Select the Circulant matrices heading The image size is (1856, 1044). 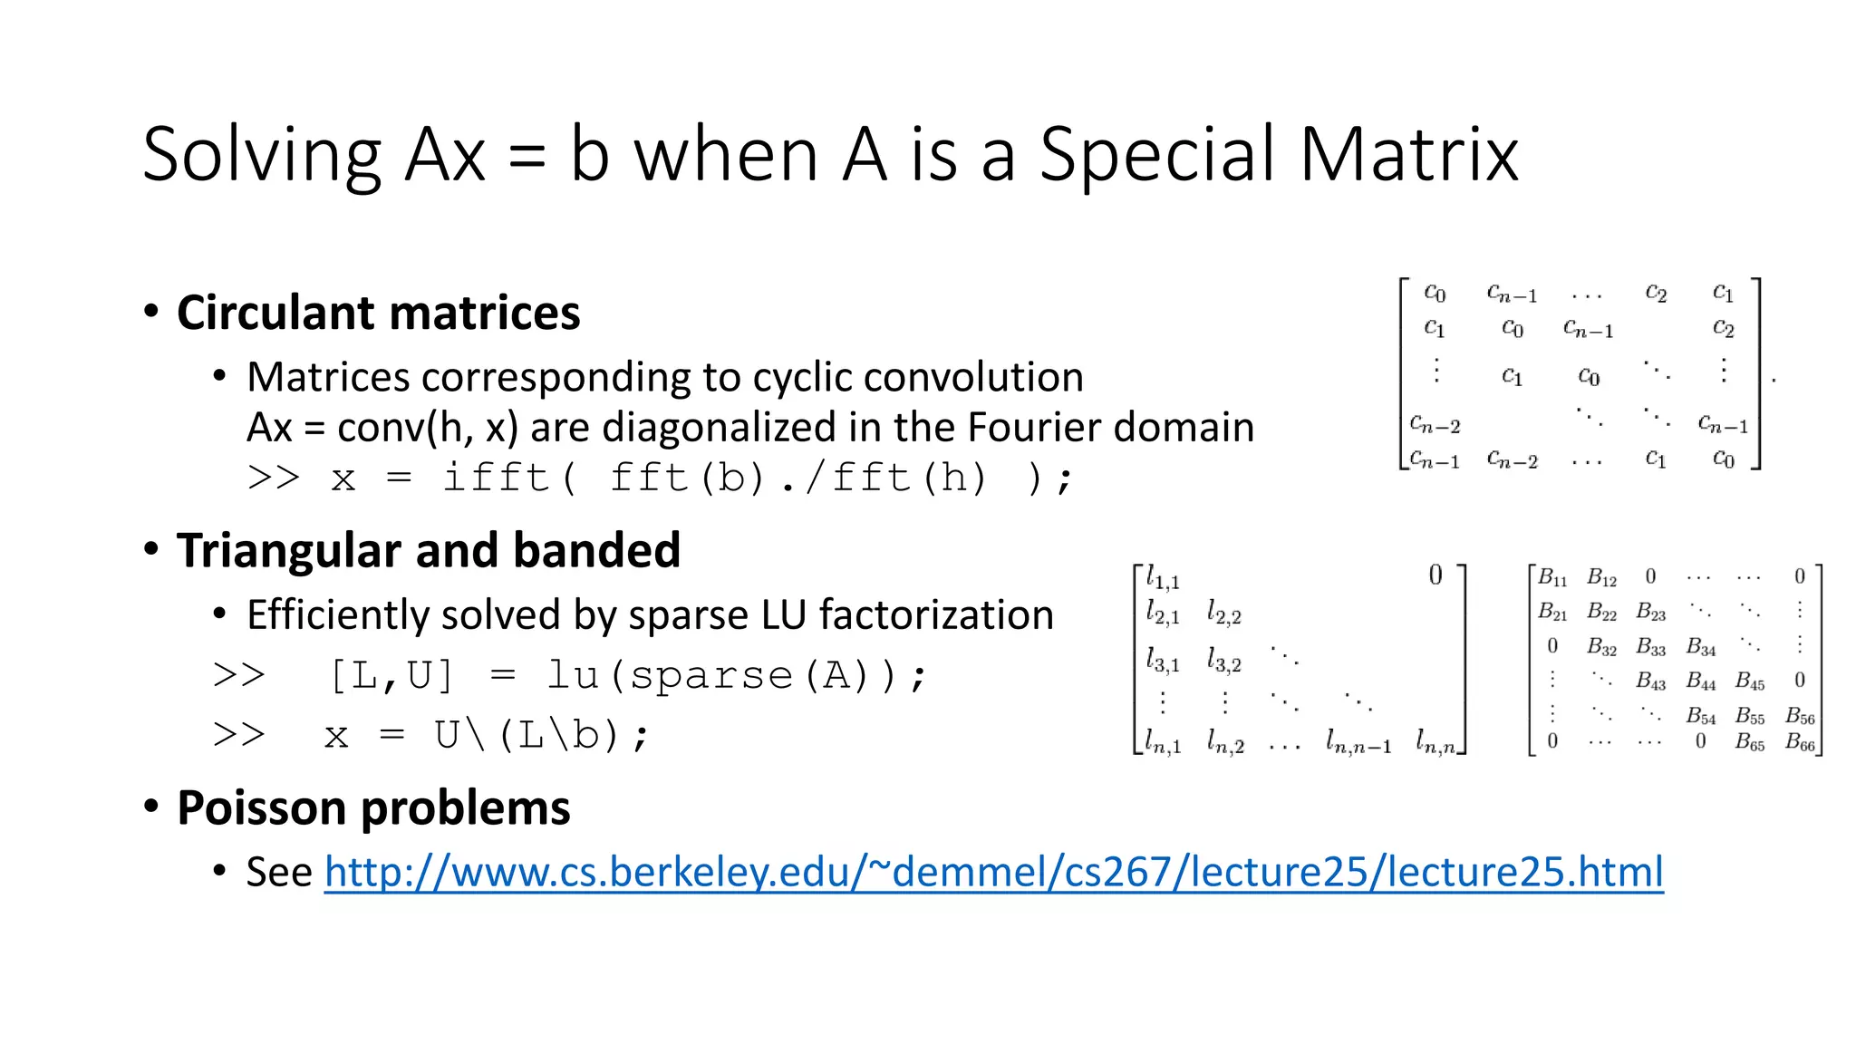point(378,313)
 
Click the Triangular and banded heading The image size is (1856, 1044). point(428,550)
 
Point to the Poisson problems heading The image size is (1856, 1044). point(373,807)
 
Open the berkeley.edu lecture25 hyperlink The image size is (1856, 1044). point(993,872)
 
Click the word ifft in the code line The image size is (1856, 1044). point(497,478)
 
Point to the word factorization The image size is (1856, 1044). point(936,615)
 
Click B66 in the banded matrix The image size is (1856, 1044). point(1800,743)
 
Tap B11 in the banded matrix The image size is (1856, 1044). point(1552,577)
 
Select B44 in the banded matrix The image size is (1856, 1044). point(1701,681)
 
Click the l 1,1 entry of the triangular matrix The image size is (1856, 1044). point(1163,578)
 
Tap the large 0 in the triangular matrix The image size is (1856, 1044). point(1435,575)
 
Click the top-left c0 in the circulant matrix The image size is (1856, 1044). point(1435,293)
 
